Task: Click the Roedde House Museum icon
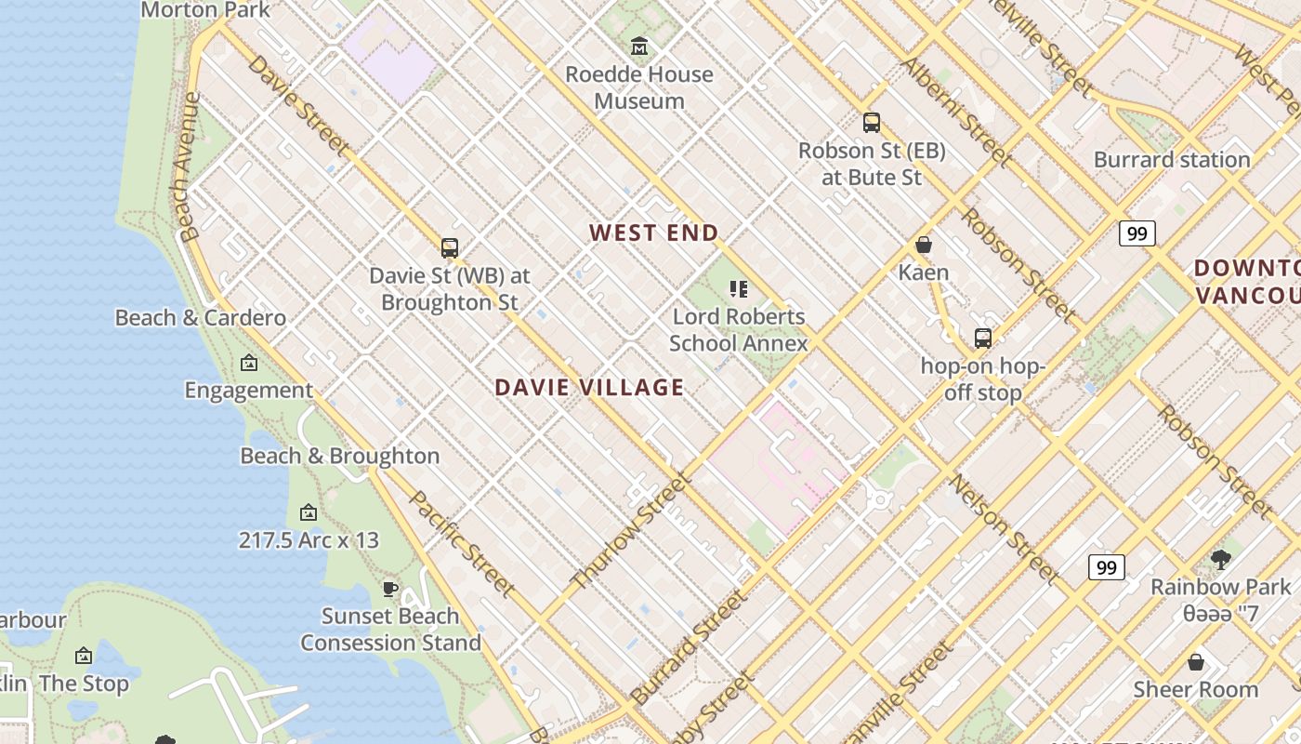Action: (x=639, y=46)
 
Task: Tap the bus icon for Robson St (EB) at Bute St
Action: (x=872, y=122)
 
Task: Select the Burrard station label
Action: (x=1172, y=159)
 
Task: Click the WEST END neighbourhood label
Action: (x=654, y=233)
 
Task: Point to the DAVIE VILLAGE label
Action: (x=589, y=388)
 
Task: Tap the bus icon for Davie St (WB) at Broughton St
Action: (x=450, y=248)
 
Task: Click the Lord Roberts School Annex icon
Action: (x=739, y=289)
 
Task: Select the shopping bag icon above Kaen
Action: (x=924, y=245)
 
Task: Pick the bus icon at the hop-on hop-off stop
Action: (x=983, y=339)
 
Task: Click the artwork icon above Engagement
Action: (x=249, y=363)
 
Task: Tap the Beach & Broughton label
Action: (x=340, y=456)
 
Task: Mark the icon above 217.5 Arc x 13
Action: (x=309, y=512)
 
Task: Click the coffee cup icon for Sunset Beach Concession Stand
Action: (x=390, y=589)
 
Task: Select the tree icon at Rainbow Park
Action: (x=1221, y=559)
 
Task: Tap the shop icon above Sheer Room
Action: (x=1196, y=662)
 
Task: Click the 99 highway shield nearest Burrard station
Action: (x=1137, y=233)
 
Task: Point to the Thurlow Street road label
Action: (x=631, y=531)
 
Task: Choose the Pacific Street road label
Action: (x=462, y=544)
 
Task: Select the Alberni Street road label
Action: (x=956, y=112)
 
